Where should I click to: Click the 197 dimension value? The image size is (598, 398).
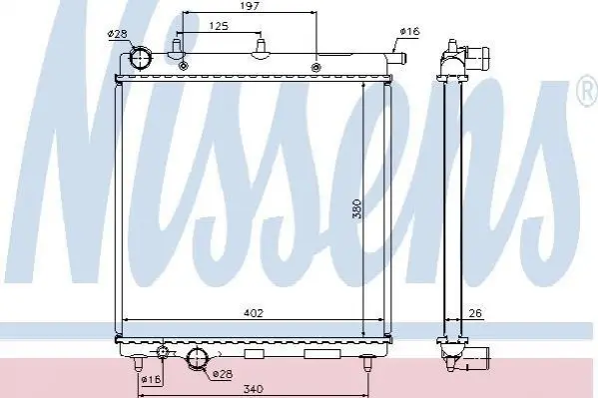click(x=250, y=6)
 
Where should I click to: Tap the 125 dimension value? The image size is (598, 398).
click(x=219, y=26)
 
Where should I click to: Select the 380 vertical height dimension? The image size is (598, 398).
click(x=356, y=208)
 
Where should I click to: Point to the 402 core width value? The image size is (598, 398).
click(x=254, y=313)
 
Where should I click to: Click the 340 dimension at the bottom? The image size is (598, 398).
click(x=254, y=389)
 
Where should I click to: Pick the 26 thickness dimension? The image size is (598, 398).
click(x=475, y=313)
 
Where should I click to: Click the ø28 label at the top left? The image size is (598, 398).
click(x=117, y=34)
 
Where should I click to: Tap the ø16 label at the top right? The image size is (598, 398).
click(x=409, y=31)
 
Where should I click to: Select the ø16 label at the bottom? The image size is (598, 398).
click(x=152, y=379)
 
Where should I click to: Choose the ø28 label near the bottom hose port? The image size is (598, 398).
click(x=223, y=374)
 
